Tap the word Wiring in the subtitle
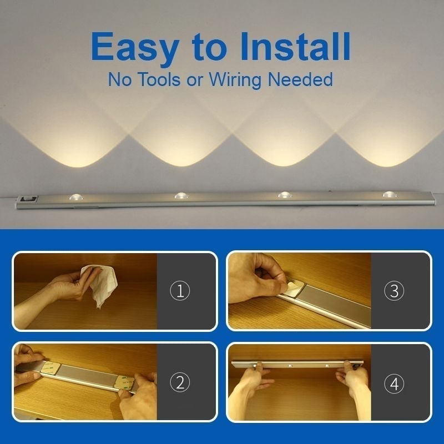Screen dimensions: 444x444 [x=236, y=80]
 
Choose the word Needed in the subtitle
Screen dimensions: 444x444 [x=300, y=79]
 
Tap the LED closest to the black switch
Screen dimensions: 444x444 [x=76, y=197]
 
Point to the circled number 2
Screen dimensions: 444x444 [x=179, y=382]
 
